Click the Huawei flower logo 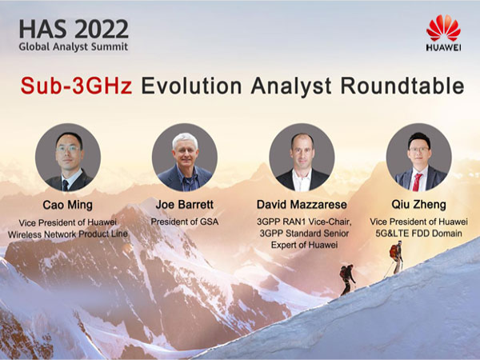point(442,28)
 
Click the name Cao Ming point(67,204)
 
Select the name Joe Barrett point(185,204)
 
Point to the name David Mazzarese point(301,204)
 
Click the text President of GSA point(185,222)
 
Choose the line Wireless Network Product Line point(67,234)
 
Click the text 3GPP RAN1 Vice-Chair point(302,222)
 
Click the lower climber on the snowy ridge point(346,279)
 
